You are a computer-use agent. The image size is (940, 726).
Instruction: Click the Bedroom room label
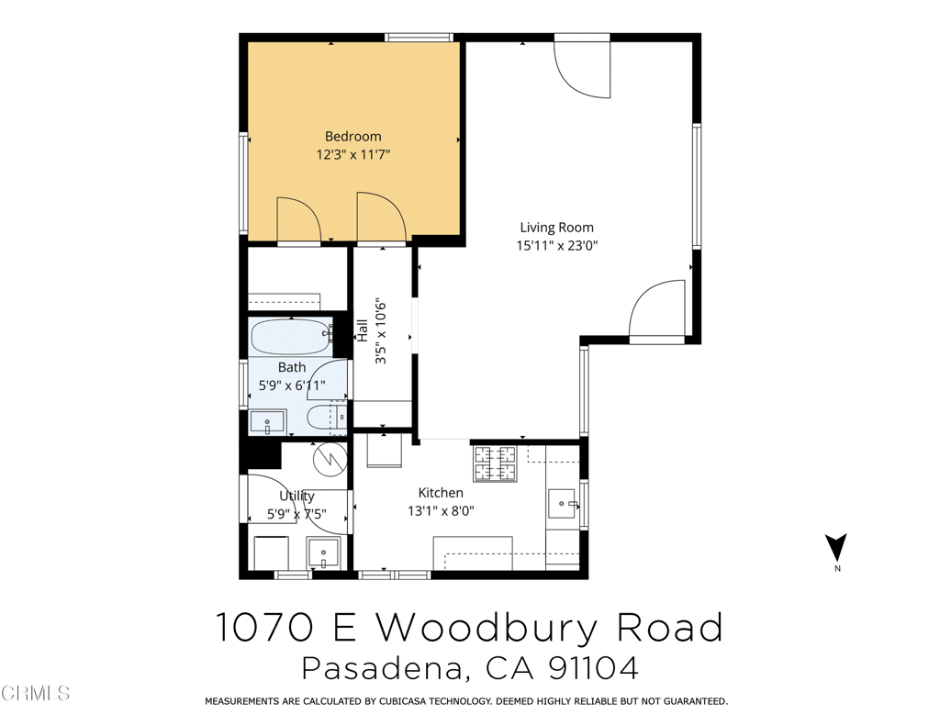[352, 137]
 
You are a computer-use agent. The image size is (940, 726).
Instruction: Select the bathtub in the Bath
[290, 336]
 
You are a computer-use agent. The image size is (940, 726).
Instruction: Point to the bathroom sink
[267, 423]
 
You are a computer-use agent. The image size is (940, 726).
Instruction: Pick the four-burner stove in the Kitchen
[495, 463]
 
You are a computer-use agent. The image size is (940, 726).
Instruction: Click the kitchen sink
[561, 504]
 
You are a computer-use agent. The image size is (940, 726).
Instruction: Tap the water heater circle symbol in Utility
[327, 456]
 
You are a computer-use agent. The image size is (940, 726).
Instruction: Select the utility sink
[322, 553]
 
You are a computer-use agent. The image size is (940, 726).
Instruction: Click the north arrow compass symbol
[835, 548]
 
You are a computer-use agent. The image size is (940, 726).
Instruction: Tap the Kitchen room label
[441, 493]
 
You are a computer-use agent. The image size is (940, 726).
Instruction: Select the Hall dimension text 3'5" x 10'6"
[381, 331]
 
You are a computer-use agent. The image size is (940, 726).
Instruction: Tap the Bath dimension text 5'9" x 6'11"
[292, 385]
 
